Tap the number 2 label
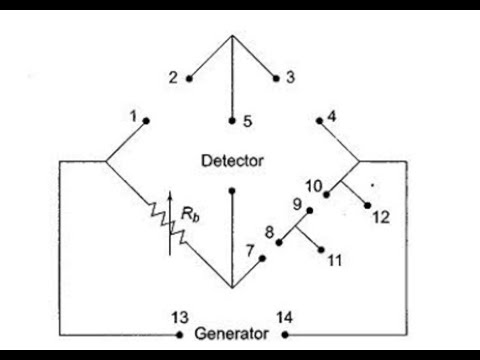173,77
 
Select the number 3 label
290,77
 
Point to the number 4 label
332,115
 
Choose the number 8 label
268,236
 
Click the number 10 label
314,186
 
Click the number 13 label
181,317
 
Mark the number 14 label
284,317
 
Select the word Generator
231,334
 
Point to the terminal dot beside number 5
231,120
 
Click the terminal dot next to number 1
148,120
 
